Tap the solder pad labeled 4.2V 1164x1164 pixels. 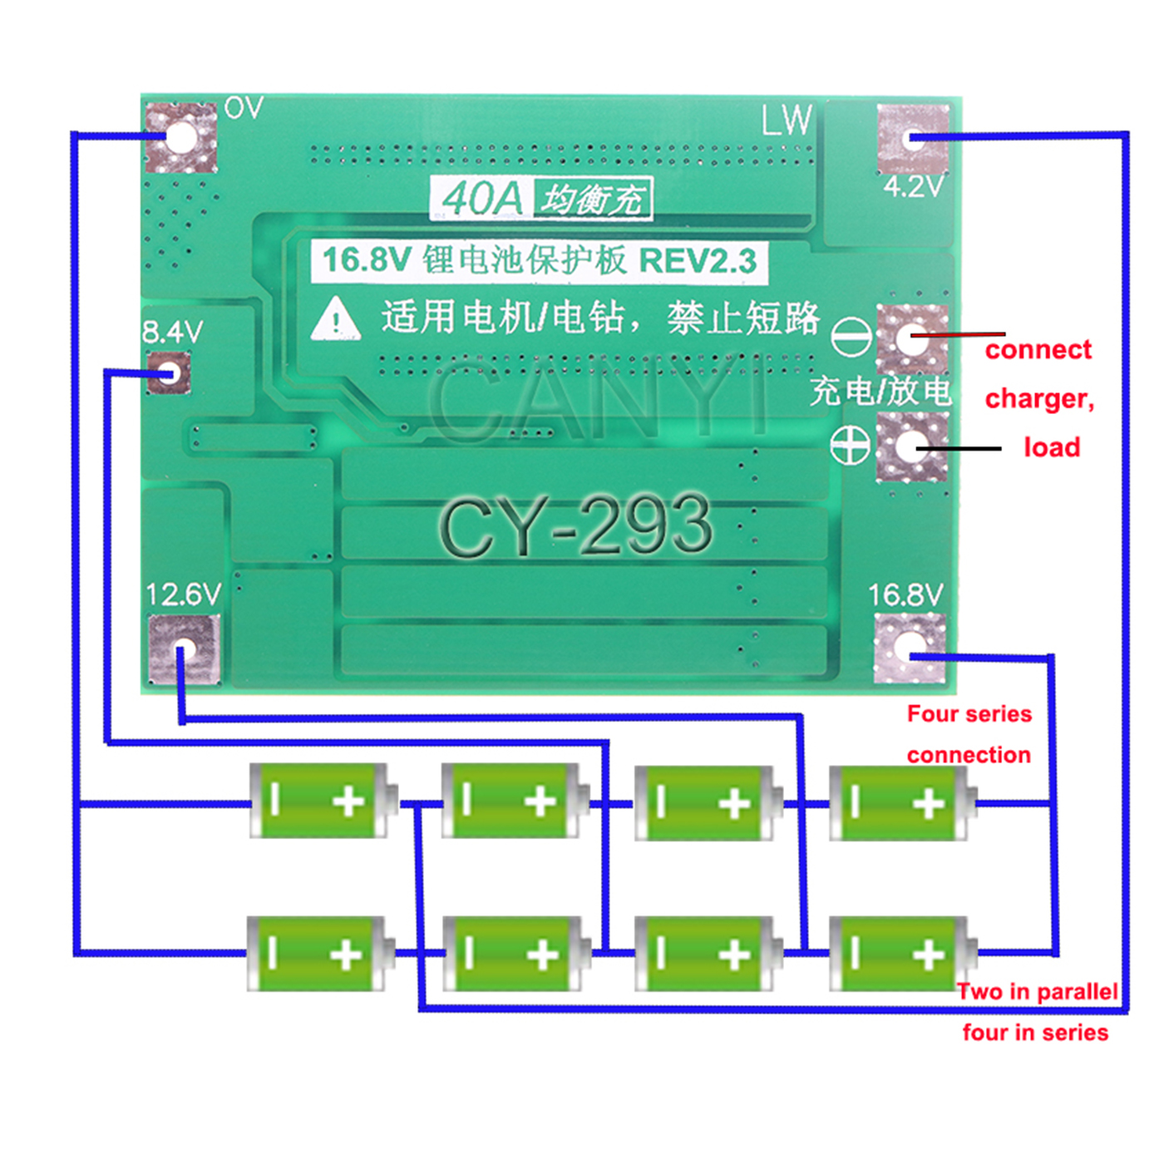click(x=912, y=139)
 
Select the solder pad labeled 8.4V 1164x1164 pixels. click(x=169, y=372)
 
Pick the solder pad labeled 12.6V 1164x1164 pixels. click(x=185, y=650)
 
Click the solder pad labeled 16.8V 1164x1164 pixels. click(x=910, y=649)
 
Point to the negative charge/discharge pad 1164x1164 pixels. click(x=911, y=339)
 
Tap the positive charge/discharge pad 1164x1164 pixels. click(x=911, y=447)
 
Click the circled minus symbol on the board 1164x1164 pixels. click(x=851, y=337)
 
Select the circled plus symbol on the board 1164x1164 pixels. click(x=851, y=446)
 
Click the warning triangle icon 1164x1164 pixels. click(x=336, y=318)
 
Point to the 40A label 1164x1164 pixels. click(x=481, y=198)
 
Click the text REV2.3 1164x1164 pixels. click(x=698, y=261)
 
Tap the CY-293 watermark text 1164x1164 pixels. click(x=575, y=525)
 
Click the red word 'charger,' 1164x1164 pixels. click(x=1039, y=399)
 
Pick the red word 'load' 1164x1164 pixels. click(x=1052, y=447)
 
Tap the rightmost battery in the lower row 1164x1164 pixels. click(x=903, y=954)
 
